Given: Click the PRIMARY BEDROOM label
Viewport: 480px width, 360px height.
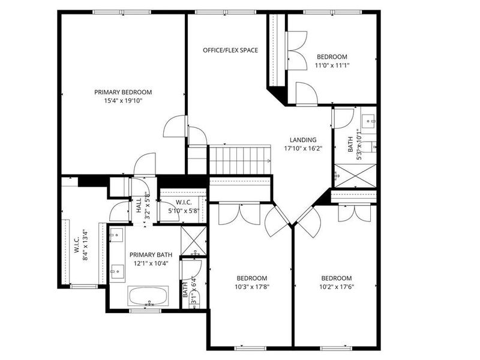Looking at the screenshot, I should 122,92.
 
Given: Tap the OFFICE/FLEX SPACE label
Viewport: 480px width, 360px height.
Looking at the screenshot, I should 230,50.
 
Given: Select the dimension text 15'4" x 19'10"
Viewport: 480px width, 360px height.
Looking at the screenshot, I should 122,101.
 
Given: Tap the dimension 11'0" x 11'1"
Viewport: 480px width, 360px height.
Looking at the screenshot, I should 332,66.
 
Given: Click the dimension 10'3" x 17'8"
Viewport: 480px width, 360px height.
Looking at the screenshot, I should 251,287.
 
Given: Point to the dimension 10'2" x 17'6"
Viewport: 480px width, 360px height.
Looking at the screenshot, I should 336,287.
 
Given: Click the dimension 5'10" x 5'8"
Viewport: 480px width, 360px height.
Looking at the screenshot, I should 183,211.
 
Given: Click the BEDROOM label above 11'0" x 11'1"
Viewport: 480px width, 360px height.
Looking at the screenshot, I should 332,57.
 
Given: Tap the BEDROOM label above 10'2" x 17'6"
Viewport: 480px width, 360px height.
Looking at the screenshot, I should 336,278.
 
